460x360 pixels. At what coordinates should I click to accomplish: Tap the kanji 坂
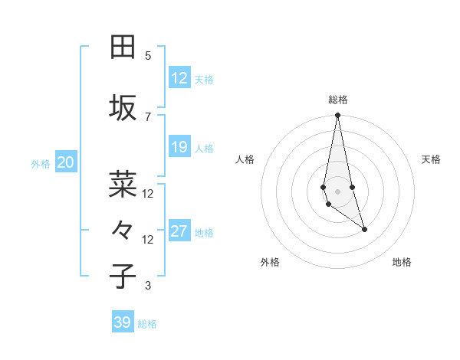click(123, 108)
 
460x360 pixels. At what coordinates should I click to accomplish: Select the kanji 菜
click(123, 183)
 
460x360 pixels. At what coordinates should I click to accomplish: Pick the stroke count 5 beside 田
click(148, 56)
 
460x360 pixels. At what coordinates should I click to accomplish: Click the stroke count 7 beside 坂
click(148, 116)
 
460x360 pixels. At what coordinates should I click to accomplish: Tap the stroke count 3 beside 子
click(148, 286)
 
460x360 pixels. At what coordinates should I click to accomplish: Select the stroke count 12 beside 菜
click(148, 193)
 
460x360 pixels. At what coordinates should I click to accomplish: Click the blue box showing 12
click(179, 77)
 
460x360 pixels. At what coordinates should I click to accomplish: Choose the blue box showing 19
click(179, 147)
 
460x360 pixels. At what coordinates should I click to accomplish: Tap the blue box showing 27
click(179, 231)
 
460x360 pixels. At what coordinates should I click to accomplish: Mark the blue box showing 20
click(66, 162)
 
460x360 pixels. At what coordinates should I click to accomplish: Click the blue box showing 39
click(123, 322)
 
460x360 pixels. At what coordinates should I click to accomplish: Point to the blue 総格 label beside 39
click(147, 324)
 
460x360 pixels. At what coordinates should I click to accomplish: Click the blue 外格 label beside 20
click(41, 163)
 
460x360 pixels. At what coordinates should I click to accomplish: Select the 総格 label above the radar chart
click(338, 100)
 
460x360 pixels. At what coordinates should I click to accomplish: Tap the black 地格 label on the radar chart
click(402, 262)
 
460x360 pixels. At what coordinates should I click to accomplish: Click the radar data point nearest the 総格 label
click(337, 116)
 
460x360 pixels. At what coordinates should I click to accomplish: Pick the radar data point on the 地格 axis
click(364, 229)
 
